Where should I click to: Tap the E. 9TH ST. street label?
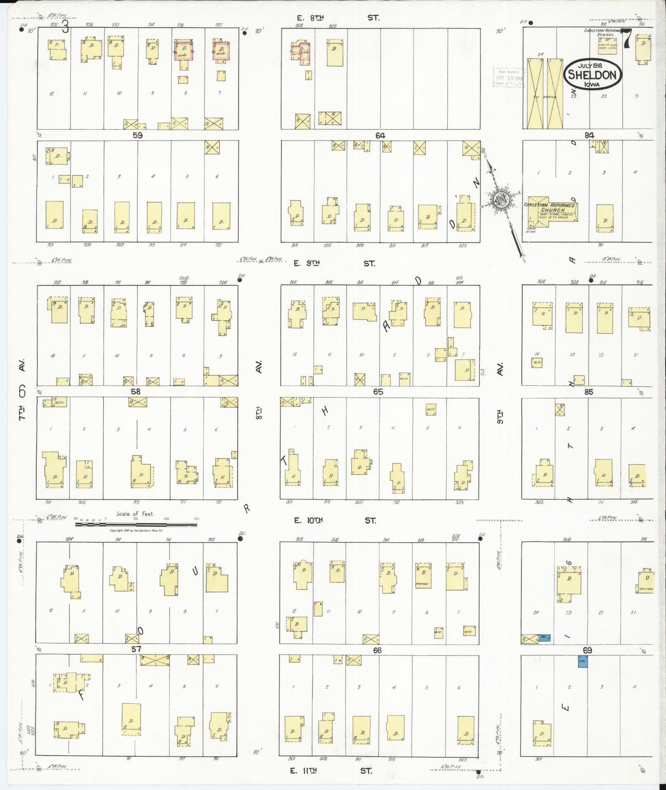click(335, 264)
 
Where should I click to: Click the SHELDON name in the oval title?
click(592, 75)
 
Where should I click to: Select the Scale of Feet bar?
click(136, 524)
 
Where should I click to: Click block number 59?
click(137, 136)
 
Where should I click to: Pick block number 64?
click(380, 136)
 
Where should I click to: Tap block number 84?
click(589, 136)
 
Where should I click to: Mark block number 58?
click(135, 392)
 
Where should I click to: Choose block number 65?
click(378, 392)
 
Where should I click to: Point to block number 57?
click(136, 649)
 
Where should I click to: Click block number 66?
click(377, 650)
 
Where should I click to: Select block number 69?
click(587, 650)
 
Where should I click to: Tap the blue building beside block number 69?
click(583, 662)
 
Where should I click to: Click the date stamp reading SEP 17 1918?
click(508, 77)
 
